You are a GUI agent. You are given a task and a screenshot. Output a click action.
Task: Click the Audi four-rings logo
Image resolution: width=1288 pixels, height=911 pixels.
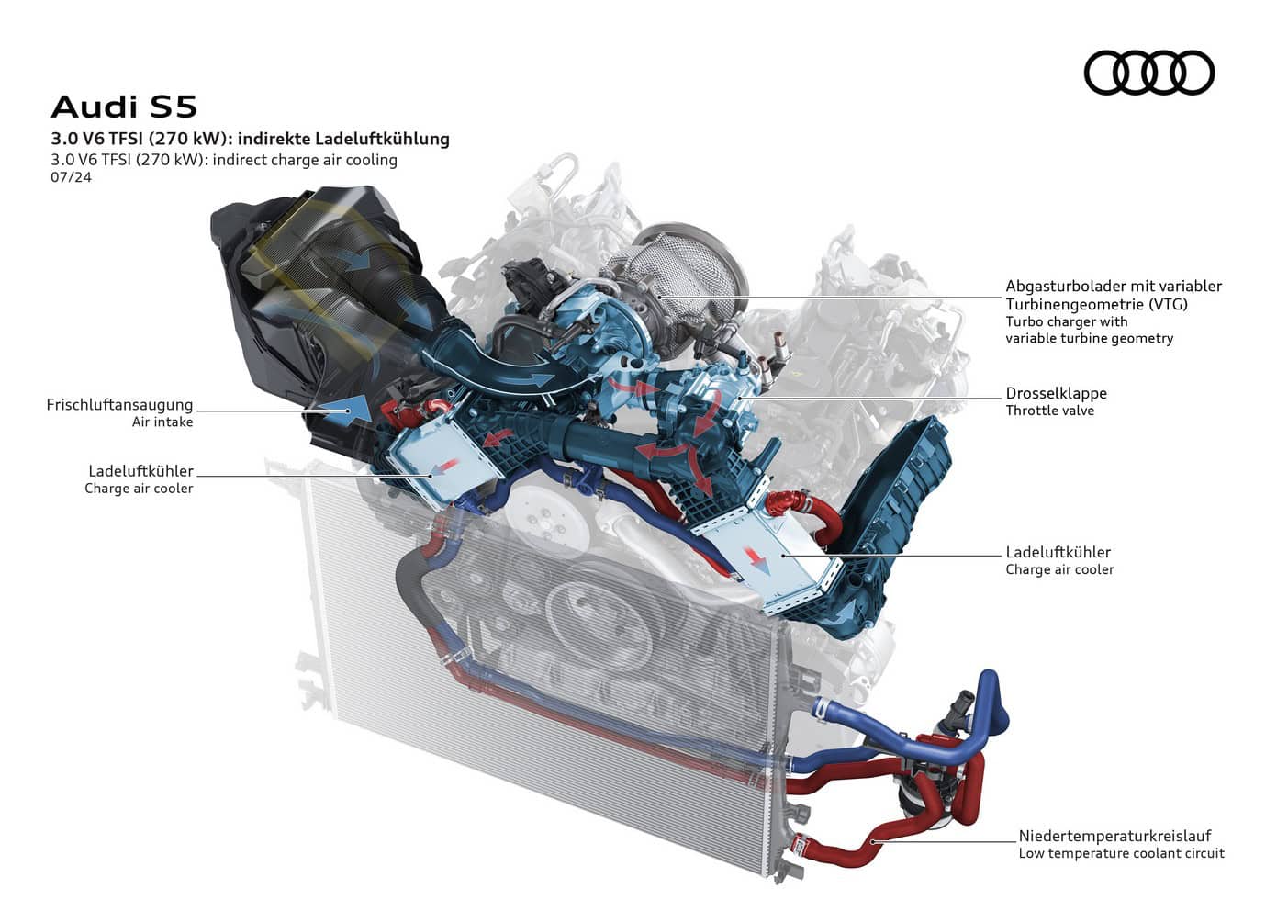[x=1148, y=73]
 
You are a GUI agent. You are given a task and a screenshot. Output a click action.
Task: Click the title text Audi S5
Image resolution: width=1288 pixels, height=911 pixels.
[x=124, y=107]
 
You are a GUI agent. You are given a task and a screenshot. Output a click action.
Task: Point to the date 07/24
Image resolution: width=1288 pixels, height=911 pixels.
[x=71, y=177]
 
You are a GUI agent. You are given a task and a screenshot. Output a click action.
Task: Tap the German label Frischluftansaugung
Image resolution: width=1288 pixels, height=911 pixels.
[x=119, y=404]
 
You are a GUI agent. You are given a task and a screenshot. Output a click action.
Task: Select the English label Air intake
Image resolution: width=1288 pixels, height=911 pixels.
[x=162, y=422]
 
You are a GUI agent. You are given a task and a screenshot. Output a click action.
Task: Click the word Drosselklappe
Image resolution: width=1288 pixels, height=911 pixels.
[x=1056, y=393]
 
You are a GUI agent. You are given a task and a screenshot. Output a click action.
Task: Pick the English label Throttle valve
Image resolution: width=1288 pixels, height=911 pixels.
[x=1049, y=411]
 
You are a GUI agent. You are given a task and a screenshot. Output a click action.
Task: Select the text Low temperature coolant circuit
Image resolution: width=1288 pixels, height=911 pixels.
[x=1121, y=853]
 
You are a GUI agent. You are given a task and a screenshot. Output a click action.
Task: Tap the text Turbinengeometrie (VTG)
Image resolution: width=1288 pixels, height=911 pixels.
[x=1096, y=304]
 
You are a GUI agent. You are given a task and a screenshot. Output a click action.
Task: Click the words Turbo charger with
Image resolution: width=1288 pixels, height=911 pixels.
[x=1066, y=321]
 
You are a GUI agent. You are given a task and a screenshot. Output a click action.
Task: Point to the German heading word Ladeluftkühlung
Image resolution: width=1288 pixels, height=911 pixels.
[x=382, y=139]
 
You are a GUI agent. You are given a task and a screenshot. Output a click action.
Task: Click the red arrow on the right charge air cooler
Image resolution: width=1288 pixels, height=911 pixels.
[x=756, y=556]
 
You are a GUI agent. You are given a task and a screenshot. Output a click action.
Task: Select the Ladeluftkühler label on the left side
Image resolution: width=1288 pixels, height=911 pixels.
[x=140, y=471]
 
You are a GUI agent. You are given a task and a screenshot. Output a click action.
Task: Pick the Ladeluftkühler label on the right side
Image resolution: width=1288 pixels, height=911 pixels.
[x=1058, y=552]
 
